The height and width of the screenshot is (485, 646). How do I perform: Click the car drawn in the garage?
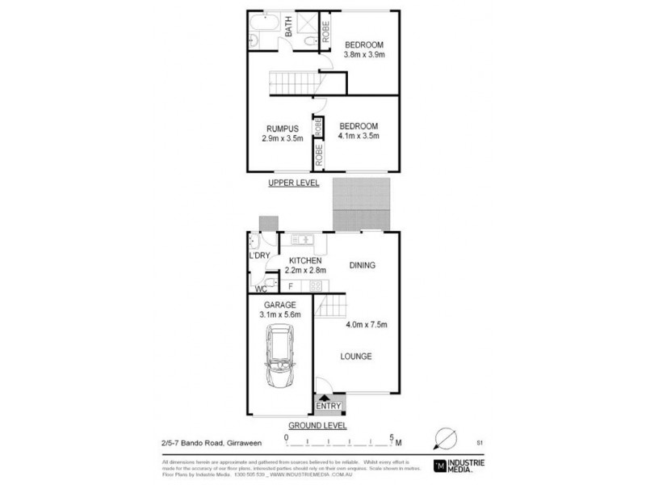279,356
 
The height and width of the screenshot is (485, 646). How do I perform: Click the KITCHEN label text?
304,260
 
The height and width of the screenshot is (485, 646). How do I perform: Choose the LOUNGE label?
355,356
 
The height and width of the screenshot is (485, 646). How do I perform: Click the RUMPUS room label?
283,128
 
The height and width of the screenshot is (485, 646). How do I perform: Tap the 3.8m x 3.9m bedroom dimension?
363,55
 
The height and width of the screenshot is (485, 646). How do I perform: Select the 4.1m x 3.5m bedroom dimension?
359,137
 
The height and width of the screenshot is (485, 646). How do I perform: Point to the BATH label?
288,30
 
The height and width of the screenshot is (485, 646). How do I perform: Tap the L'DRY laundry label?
259,255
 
